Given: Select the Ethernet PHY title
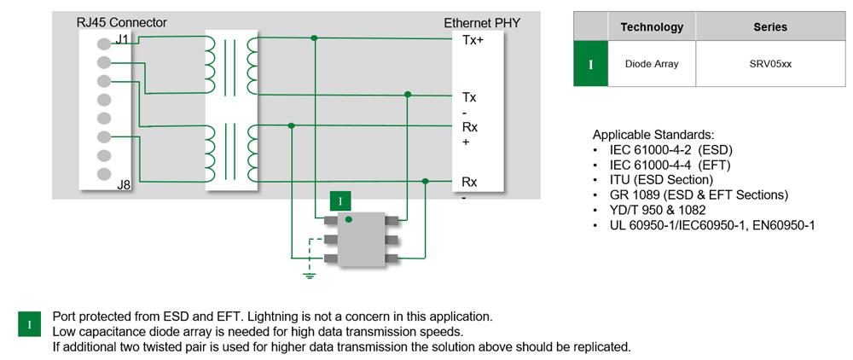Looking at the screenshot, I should [482, 23].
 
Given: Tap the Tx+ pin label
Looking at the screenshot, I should [473, 40].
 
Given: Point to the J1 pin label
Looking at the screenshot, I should [122, 38].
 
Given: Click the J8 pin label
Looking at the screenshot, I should [123, 184].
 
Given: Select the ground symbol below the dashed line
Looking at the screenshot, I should [310, 274].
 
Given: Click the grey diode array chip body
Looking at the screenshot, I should [357, 238].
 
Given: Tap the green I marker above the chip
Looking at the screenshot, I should [340, 201].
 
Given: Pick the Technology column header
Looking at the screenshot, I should [652, 26].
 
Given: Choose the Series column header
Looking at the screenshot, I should [769, 26].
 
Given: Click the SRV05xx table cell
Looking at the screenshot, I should [769, 63].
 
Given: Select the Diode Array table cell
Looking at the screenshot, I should [652, 63].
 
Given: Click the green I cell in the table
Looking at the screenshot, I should [590, 64].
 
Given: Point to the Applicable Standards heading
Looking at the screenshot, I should [653, 135].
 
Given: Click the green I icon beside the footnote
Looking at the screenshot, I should [30, 325].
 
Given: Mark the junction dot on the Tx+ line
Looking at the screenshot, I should [316, 38].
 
